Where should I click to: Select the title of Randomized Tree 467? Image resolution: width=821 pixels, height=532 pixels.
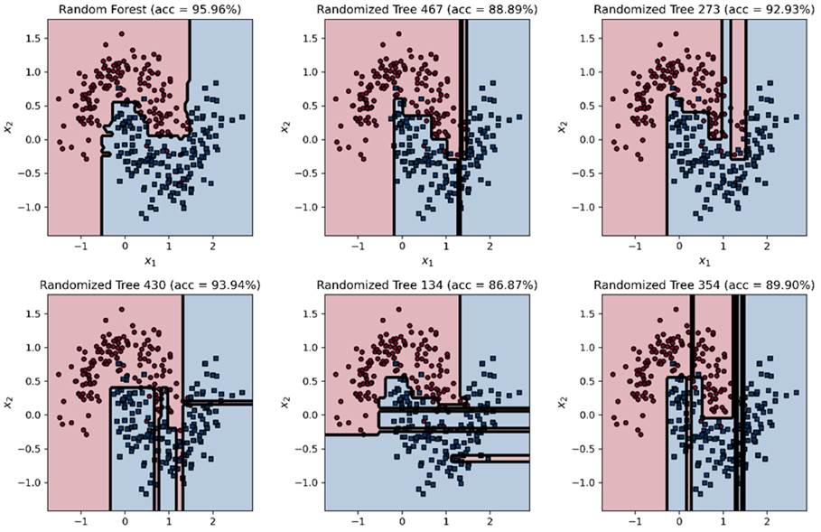[425, 10]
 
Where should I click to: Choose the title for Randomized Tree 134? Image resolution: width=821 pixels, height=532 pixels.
[425, 285]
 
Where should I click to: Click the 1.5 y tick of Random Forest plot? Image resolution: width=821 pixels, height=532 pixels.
[33, 38]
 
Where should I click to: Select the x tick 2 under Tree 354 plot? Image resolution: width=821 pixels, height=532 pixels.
[766, 521]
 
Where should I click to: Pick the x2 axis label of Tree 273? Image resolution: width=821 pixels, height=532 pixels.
[564, 127]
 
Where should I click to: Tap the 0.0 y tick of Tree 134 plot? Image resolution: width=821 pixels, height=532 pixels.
[309, 415]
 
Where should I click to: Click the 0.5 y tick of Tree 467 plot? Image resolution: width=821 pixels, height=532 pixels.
[309, 106]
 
